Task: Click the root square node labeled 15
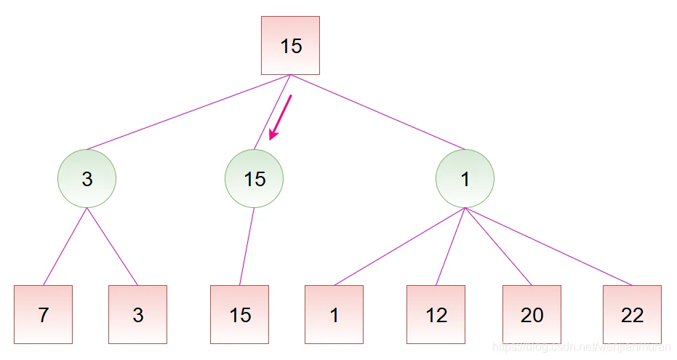click(x=290, y=45)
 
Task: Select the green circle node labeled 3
click(x=87, y=179)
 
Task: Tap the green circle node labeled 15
click(x=254, y=179)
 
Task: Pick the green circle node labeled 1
click(x=465, y=179)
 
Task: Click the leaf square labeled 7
click(x=43, y=314)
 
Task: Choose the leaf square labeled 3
click(x=137, y=314)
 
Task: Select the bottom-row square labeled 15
click(x=239, y=314)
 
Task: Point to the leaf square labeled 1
click(x=334, y=314)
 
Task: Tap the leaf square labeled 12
click(x=436, y=314)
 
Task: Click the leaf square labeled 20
click(x=532, y=314)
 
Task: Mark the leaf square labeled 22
click(x=632, y=314)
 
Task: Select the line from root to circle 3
click(x=189, y=112)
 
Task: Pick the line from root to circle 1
click(x=378, y=112)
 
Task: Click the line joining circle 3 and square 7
click(x=65, y=247)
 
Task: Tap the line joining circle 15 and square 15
click(x=247, y=247)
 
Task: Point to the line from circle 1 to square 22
click(x=549, y=247)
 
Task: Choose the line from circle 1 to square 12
click(x=451, y=247)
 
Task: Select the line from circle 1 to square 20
click(x=498, y=247)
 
